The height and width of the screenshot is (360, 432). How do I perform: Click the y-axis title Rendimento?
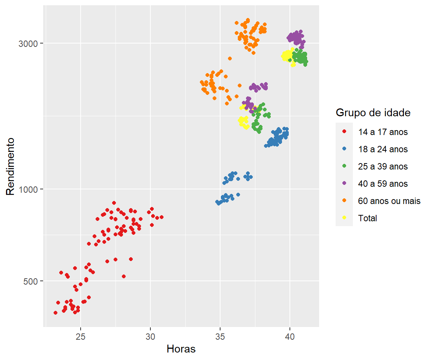coord(10,166)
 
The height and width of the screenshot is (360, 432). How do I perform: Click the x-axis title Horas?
coord(181,349)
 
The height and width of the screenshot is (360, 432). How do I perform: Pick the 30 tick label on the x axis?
coord(150,335)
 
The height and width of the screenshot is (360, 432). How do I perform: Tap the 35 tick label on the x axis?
coord(220,335)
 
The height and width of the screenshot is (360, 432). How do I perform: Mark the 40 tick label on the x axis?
coord(290,335)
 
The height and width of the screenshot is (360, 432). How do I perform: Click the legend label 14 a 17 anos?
coord(383,132)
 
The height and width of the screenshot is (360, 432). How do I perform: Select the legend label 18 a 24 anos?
coord(383,149)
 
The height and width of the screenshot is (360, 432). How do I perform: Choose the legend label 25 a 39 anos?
coord(383,166)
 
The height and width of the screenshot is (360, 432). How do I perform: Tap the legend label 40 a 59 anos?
coord(383,184)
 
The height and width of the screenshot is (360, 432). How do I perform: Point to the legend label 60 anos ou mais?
coord(389,201)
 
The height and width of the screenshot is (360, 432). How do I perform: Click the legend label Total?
coord(367,218)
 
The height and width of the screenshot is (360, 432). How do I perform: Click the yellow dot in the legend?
coord(344,218)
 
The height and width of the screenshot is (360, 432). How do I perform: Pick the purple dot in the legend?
coord(344,183)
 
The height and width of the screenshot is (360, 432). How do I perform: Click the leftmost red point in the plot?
coord(55,313)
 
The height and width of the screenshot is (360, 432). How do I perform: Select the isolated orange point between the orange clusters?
coord(230,58)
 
